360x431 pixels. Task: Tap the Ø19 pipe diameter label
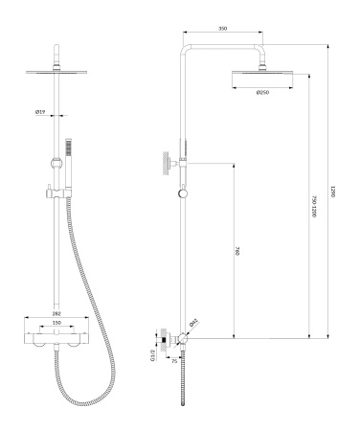click(41, 111)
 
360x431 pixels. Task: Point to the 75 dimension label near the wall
click(173, 363)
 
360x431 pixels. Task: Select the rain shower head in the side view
click(261, 78)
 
